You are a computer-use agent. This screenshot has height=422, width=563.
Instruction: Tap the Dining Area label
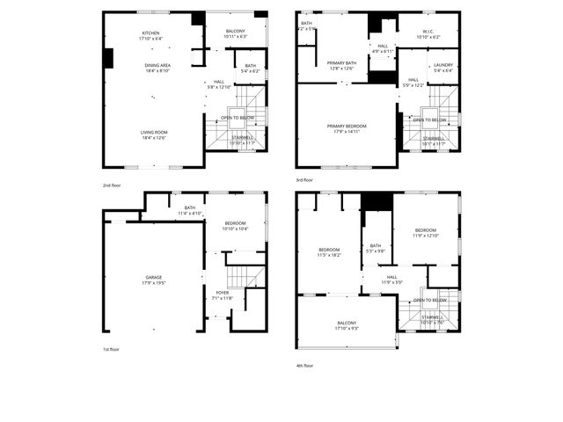[x=158, y=68]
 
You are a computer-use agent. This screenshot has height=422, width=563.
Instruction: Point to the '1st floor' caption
[x=110, y=349]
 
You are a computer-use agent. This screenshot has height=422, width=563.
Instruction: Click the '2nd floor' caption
[x=111, y=186]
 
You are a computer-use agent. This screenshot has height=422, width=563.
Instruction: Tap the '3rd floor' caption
[x=304, y=180]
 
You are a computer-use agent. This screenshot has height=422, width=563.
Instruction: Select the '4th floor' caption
[x=304, y=366]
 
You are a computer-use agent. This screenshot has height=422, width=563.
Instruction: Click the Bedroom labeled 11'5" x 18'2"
[x=329, y=251]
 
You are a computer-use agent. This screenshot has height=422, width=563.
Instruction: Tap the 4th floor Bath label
[x=376, y=248]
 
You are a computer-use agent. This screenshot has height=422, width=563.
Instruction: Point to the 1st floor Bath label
[x=190, y=210]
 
